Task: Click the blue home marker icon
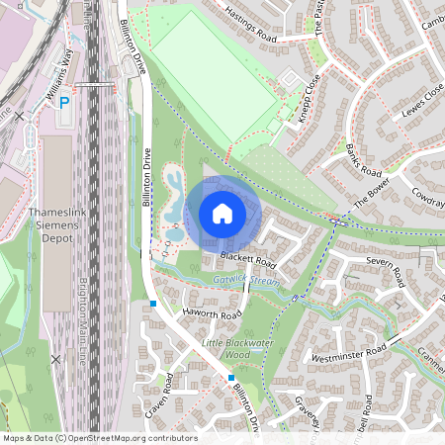222,213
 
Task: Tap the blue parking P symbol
64,102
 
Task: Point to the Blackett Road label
247,259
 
